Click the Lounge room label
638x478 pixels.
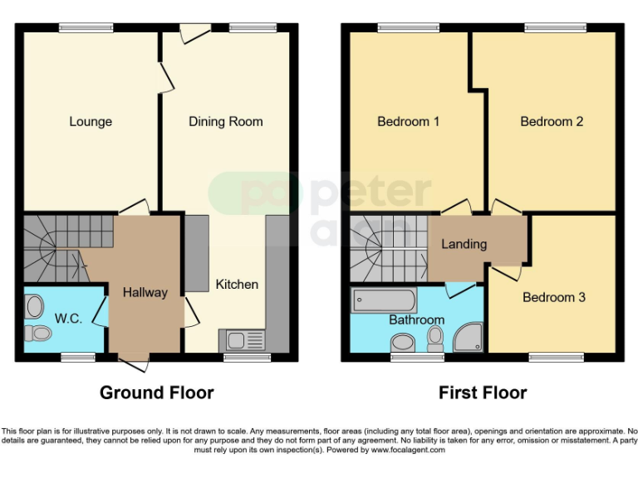(91, 122)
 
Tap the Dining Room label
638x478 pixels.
(225, 122)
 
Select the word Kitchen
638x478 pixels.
(237, 285)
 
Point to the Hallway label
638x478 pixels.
(145, 292)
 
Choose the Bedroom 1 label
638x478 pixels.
(408, 122)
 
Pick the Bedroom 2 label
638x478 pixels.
(552, 122)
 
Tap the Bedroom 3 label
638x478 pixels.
(554, 297)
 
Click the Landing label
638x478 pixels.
(464, 244)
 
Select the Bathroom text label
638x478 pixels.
(416, 319)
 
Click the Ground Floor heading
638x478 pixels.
(157, 393)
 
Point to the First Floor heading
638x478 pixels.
(483, 393)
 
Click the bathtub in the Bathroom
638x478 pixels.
(385, 300)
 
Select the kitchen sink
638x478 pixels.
(241, 339)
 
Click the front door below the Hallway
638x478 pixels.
(135, 362)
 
